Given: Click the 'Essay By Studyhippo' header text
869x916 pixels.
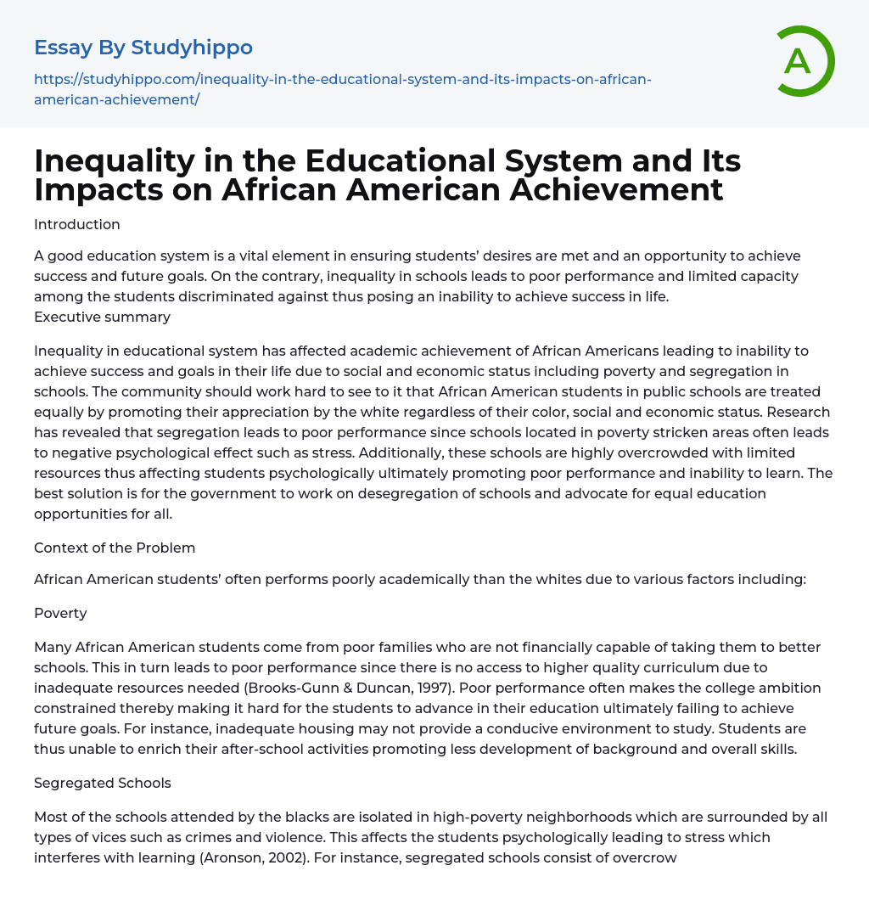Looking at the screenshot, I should tap(143, 48).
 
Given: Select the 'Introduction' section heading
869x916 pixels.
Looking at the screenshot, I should tap(77, 224).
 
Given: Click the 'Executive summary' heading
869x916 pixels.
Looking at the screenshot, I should tap(102, 317).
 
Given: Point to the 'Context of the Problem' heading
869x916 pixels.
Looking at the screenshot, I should tap(115, 548).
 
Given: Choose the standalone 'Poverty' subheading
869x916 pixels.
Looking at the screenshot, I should tap(60, 613).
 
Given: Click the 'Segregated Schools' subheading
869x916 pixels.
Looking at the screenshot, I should tap(103, 783).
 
